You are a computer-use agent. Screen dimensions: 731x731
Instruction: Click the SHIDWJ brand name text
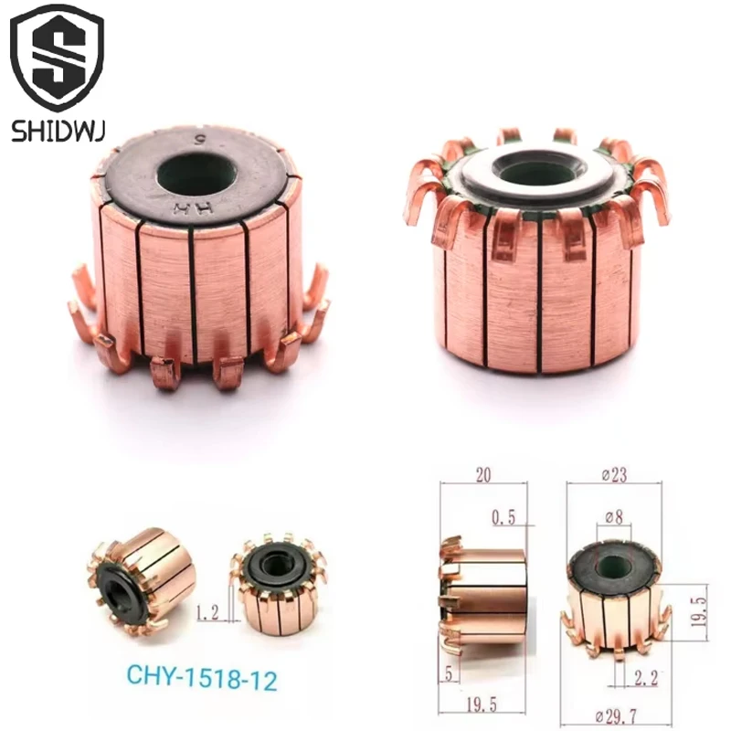(x=58, y=130)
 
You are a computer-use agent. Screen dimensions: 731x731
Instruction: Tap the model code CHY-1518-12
(x=202, y=677)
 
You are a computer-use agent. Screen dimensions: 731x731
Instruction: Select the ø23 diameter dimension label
(x=614, y=475)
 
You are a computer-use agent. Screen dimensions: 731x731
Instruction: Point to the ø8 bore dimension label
(x=613, y=517)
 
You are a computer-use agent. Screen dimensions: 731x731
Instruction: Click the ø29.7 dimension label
(x=616, y=715)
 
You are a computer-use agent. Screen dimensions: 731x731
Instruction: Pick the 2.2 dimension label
(x=645, y=678)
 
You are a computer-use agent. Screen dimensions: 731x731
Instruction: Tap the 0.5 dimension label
(x=503, y=517)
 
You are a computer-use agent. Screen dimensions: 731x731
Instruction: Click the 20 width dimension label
(x=483, y=475)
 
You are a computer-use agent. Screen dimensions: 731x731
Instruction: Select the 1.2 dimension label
(x=207, y=612)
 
